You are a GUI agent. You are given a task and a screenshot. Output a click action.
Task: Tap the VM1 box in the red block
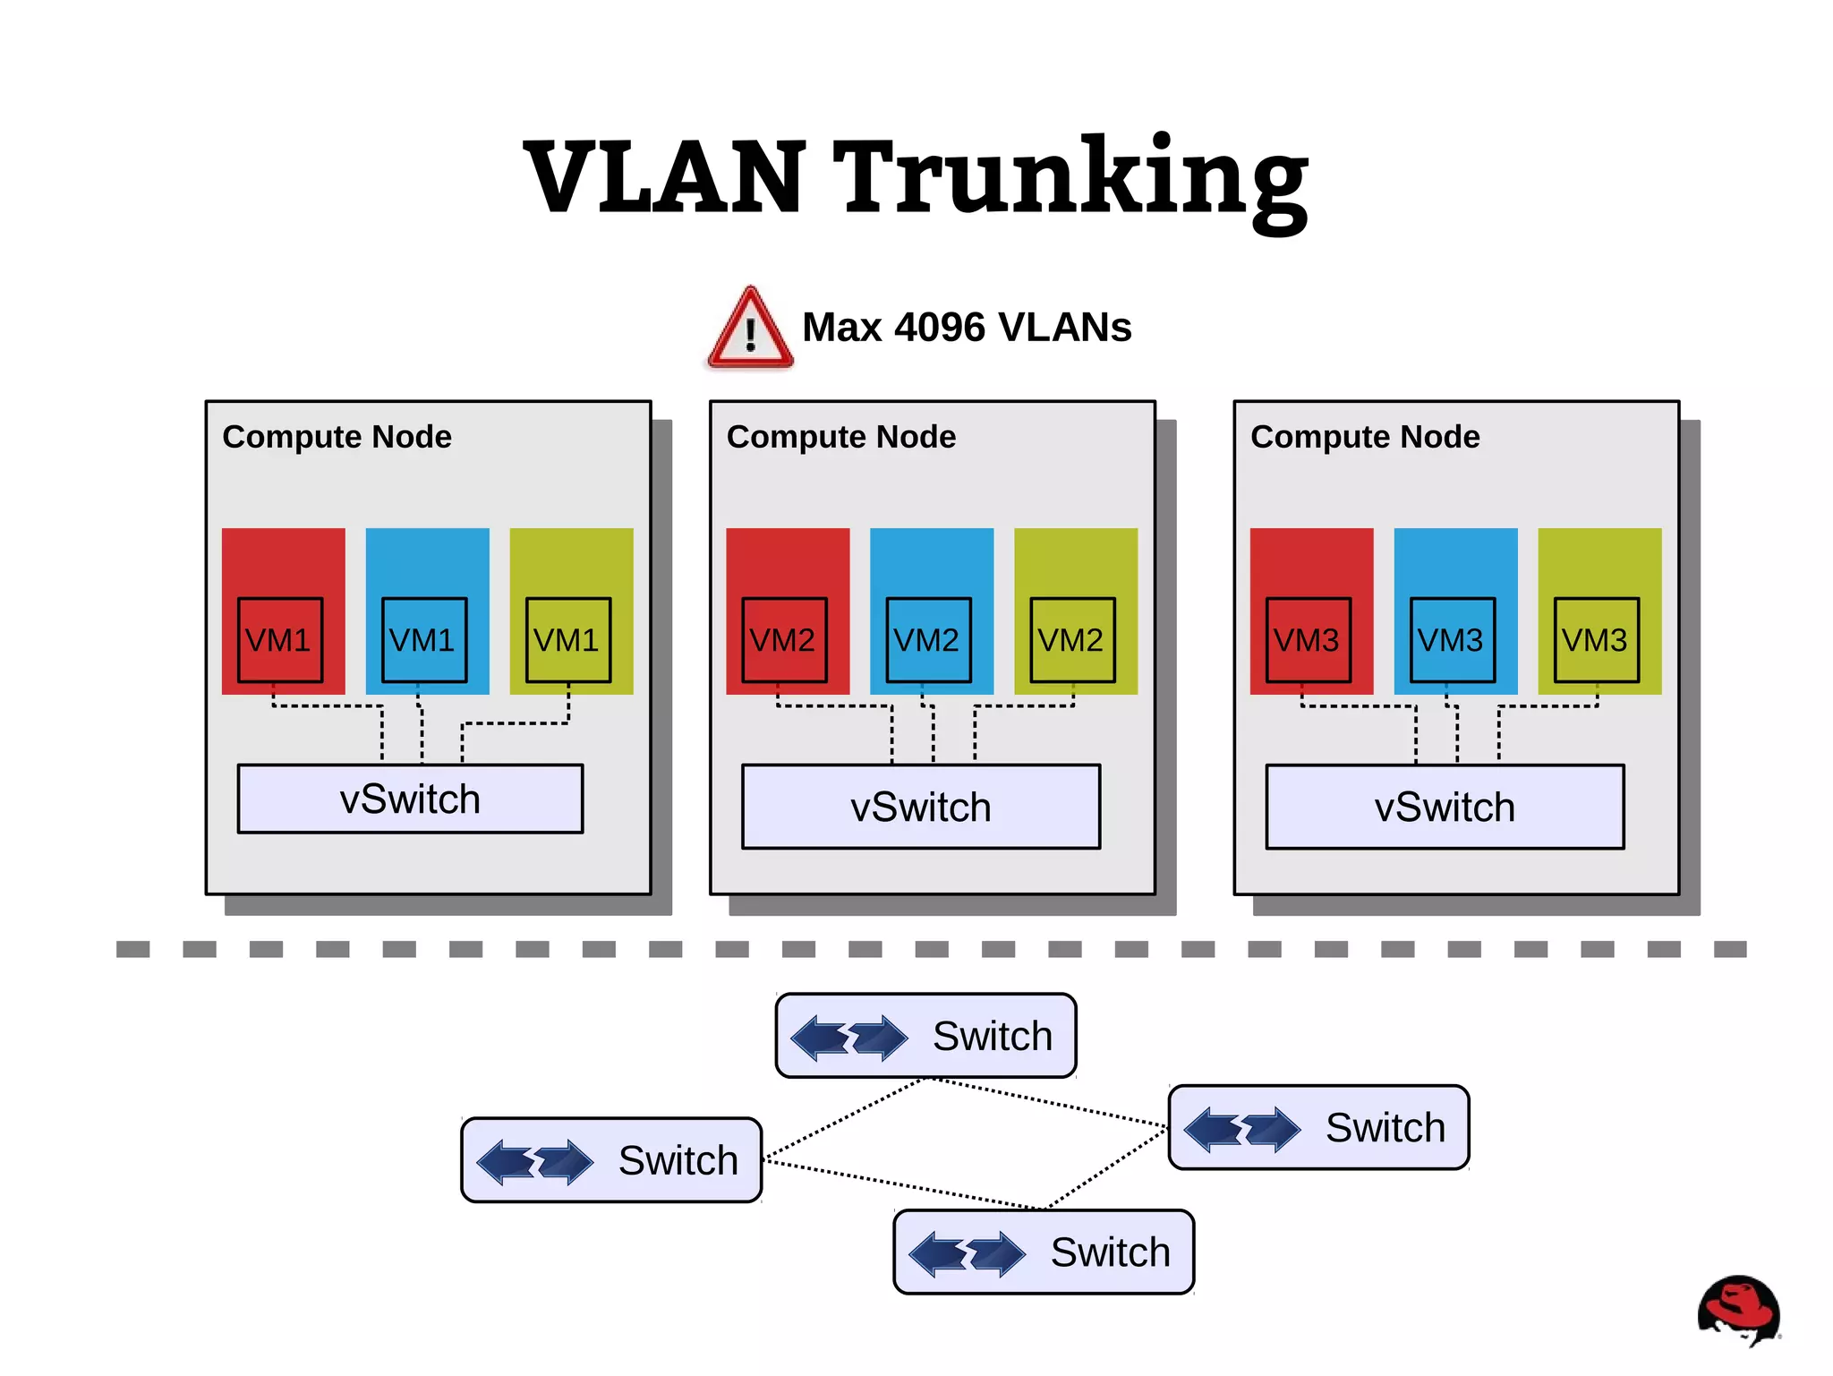click(x=279, y=640)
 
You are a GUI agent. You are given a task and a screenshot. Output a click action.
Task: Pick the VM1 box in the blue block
click(x=423, y=640)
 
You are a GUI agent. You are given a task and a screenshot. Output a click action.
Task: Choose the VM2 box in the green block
click(x=1071, y=640)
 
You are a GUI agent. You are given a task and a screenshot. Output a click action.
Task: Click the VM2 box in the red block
click(x=783, y=640)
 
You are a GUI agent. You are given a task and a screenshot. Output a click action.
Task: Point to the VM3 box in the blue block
click(x=1451, y=640)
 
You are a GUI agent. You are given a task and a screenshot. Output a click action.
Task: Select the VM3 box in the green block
click(x=1595, y=640)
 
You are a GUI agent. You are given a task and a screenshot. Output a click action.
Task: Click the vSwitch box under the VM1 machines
click(x=410, y=799)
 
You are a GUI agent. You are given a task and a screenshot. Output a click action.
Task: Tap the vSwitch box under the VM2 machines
click(x=920, y=807)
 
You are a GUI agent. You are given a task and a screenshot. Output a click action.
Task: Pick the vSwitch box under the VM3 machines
click(x=1444, y=807)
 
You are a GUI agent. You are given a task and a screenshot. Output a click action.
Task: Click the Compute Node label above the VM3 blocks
click(x=1364, y=437)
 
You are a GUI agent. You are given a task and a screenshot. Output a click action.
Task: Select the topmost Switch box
click(x=925, y=1036)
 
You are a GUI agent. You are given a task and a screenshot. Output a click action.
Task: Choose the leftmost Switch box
click(x=611, y=1160)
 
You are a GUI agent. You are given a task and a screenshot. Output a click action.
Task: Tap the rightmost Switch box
click(x=1318, y=1128)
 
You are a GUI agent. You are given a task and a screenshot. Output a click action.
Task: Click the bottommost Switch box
click(x=1044, y=1252)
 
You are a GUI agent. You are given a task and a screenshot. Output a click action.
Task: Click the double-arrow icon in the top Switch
click(x=849, y=1038)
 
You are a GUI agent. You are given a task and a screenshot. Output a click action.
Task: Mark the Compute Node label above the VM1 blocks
click(x=337, y=437)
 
